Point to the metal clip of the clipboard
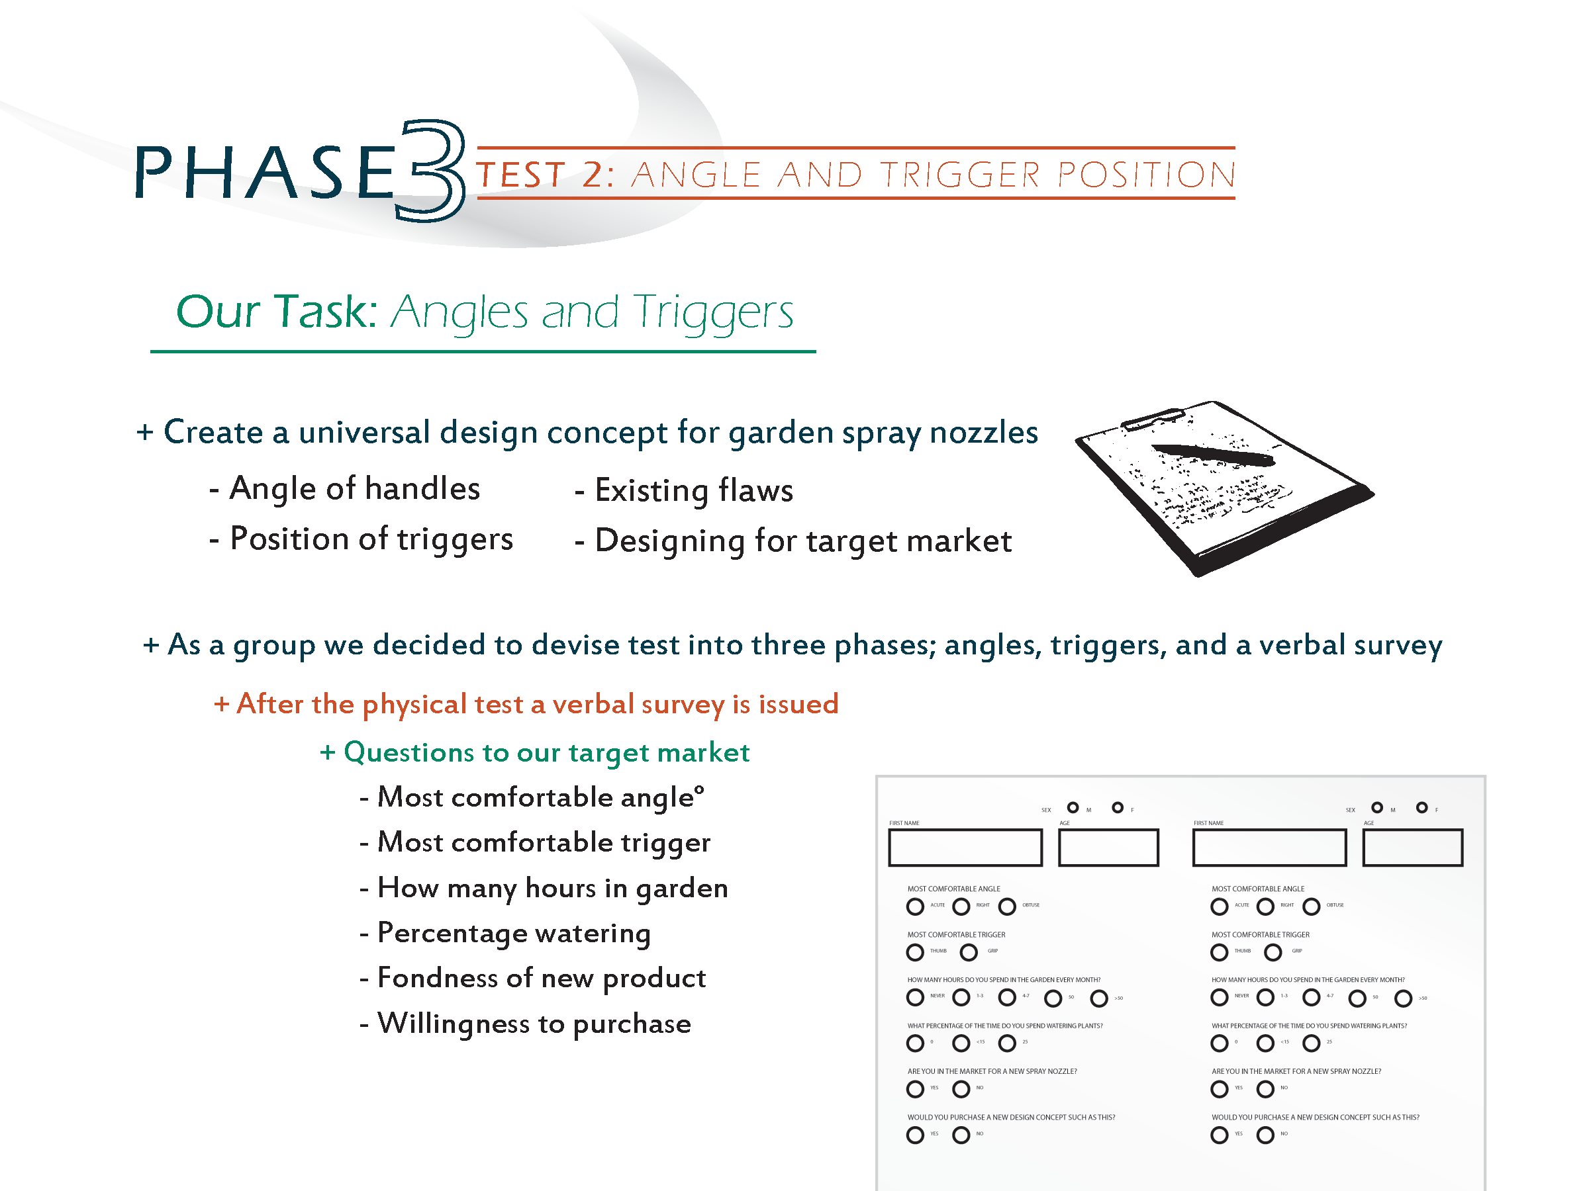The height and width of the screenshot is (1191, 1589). pos(1152,419)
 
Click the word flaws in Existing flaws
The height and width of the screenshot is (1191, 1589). pos(755,491)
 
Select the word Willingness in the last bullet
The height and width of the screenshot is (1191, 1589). pos(454,1024)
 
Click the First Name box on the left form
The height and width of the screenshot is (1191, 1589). pos(965,848)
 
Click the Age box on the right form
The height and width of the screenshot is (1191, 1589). pos(1412,848)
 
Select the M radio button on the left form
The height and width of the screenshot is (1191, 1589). pos(1073,808)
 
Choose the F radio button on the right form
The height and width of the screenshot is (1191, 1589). pos(1421,808)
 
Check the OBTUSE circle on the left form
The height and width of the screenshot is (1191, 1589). pos(1007,906)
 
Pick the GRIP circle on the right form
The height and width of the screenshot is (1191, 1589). pos(1273,953)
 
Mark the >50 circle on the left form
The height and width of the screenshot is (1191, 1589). pos(1099,998)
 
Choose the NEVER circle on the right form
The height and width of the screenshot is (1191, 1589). pos(1219,997)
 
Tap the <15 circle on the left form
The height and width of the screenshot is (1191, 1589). pos(961,1043)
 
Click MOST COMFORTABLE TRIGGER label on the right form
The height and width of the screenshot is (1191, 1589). pos(1260,935)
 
